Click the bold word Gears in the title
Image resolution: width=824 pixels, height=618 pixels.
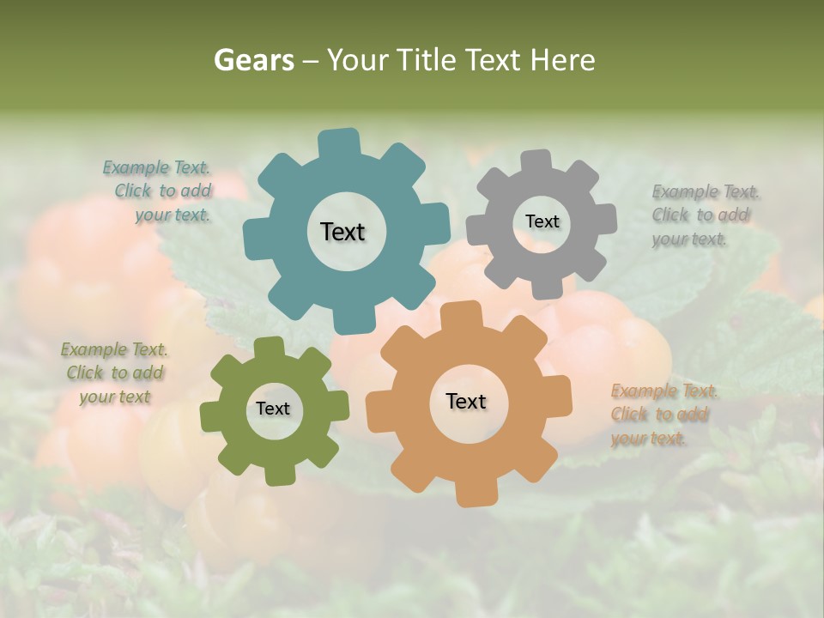tap(252, 60)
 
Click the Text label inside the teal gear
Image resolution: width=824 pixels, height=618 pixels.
tap(342, 232)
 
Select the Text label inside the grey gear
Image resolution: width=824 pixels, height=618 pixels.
tap(542, 221)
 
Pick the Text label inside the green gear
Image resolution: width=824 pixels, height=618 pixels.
tap(273, 409)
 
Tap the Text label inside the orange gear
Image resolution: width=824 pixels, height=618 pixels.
tap(466, 401)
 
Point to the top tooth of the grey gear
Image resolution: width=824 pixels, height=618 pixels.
tap(536, 161)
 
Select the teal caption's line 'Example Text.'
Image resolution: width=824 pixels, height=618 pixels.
tap(156, 167)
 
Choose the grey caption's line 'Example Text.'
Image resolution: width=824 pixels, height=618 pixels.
tap(706, 191)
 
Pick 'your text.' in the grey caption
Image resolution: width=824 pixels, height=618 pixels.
tap(688, 239)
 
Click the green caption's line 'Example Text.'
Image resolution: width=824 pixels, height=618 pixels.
tap(114, 349)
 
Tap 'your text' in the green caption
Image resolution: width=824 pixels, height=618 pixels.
tap(114, 397)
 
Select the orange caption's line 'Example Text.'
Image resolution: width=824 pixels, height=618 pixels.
tap(664, 391)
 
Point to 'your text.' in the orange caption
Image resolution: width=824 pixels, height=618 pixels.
tap(648, 439)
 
